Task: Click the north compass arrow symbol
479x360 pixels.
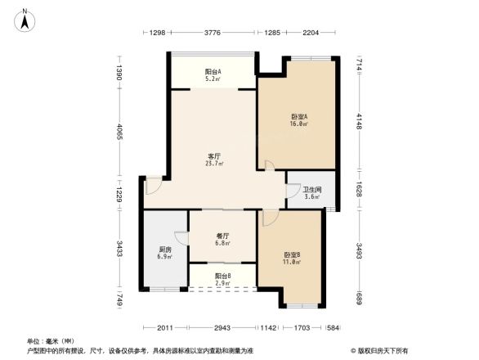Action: coord(26,18)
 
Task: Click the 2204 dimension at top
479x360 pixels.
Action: coord(311,33)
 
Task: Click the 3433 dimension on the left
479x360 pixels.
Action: coord(119,249)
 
